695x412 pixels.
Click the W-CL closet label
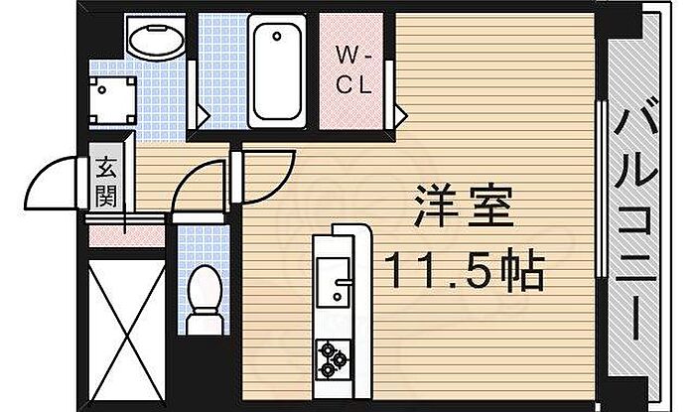(353, 69)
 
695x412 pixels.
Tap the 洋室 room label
(464, 207)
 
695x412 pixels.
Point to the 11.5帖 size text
(464, 270)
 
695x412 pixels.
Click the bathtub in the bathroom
(277, 70)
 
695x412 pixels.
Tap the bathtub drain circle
(277, 37)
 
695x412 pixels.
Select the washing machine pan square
(112, 101)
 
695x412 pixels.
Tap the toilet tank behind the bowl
(205, 324)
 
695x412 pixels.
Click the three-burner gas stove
(333, 359)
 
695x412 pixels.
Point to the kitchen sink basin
(334, 281)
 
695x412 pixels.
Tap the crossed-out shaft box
(127, 331)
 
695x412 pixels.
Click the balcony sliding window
(602, 190)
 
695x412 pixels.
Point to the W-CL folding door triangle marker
(401, 115)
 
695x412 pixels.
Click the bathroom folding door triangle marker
(203, 116)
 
